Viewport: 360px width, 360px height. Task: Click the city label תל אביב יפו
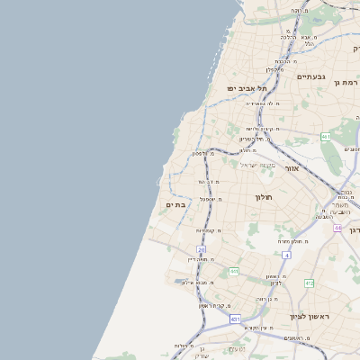coord(247,88)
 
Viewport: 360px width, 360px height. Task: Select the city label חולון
coord(263,196)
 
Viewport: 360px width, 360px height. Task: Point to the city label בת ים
coord(175,204)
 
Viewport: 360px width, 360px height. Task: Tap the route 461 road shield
coord(325,137)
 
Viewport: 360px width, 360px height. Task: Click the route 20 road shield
coord(202,249)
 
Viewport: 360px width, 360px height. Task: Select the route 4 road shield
coord(286,256)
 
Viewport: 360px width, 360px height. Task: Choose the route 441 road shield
coord(233,271)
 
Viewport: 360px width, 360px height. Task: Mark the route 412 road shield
coord(309,283)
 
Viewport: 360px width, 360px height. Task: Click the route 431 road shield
coord(235,319)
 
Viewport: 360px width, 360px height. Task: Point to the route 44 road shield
coord(337,229)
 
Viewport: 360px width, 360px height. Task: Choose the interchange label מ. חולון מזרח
coord(293,242)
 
